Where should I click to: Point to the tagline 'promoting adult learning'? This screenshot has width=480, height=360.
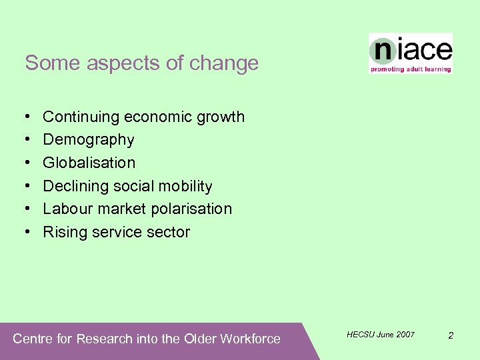coord(411,69)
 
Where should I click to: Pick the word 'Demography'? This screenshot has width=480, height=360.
coord(89,140)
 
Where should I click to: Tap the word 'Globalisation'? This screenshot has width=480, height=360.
coord(89,163)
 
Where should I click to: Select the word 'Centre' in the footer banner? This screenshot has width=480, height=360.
coord(33,339)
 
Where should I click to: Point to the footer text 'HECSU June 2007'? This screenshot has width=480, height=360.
coord(381,334)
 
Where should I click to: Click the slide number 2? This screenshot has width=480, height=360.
coord(451,335)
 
